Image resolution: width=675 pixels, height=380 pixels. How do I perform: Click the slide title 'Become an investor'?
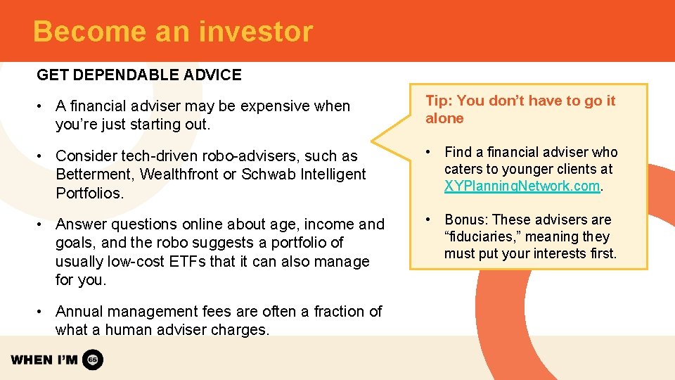(172, 32)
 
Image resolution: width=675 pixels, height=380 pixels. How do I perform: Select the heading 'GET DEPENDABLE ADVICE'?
(139, 75)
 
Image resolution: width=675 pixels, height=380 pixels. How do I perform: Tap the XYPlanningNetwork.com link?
(522, 186)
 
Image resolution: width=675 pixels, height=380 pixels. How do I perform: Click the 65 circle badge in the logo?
(93, 360)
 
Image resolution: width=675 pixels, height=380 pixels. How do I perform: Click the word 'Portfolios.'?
(89, 193)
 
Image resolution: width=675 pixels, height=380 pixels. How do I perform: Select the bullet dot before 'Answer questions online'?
(44, 224)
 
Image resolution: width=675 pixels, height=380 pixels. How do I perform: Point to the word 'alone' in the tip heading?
(444, 119)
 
